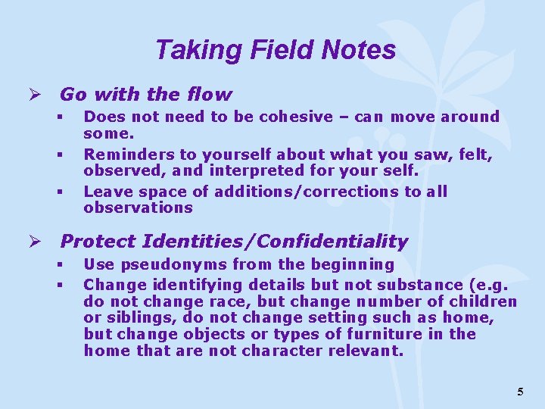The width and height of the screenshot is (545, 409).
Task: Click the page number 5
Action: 520,392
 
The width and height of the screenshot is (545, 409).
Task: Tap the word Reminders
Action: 123,155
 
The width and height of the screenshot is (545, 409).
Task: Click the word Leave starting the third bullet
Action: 105,192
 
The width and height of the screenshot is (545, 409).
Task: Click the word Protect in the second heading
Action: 94,242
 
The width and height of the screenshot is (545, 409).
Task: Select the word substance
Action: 397,285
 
